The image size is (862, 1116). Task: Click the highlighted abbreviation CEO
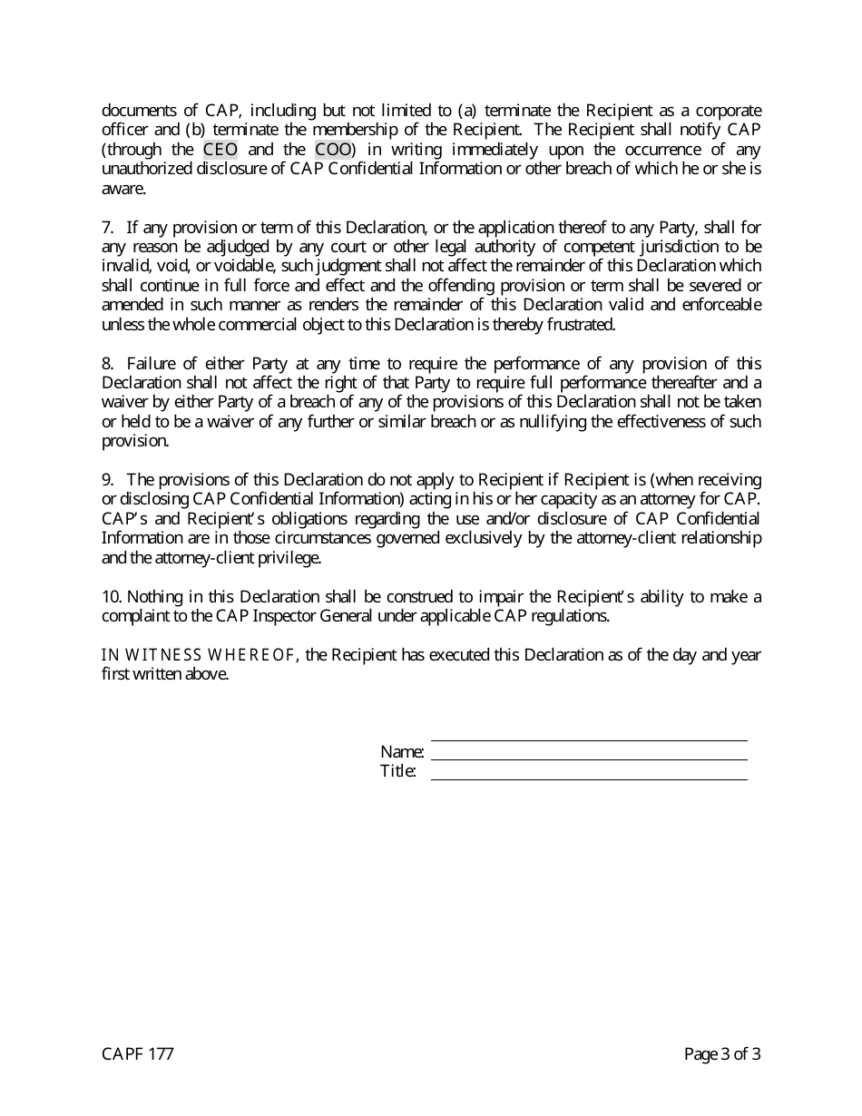tap(220, 150)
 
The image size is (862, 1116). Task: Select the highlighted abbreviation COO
tap(333, 150)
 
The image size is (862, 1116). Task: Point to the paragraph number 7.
tap(107, 228)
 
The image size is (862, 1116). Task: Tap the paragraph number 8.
tap(107, 364)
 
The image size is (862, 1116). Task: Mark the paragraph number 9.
tap(107, 480)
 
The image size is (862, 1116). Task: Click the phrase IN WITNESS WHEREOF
tap(199, 655)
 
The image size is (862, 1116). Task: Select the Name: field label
tap(402, 752)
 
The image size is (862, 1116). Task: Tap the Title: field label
tap(398, 772)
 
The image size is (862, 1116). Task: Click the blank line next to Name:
tap(589, 759)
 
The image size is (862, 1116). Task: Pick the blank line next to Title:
tap(589, 778)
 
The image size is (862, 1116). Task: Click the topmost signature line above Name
tap(589, 739)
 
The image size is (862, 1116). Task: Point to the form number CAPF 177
tap(137, 1054)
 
